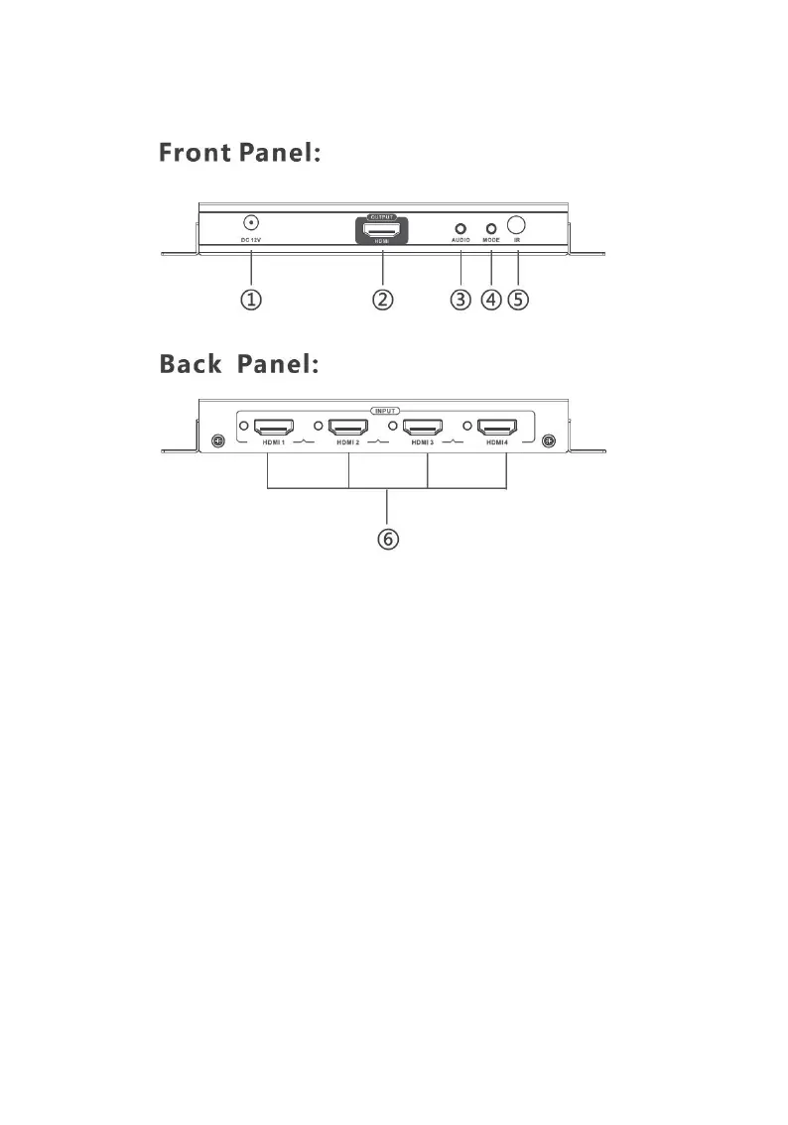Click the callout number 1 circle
[252, 300]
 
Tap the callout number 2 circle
[383, 300]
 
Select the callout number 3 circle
[460, 300]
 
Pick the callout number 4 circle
[490, 300]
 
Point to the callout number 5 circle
[518, 300]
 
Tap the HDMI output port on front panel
[382, 229]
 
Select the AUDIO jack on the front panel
[460, 228]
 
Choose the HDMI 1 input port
[273, 428]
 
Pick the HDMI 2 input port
[347, 428]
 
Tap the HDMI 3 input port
[423, 428]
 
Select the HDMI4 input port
[497, 428]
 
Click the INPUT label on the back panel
[385, 410]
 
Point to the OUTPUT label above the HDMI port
[382, 216]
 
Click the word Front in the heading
[194, 154]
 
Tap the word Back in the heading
[191, 364]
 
